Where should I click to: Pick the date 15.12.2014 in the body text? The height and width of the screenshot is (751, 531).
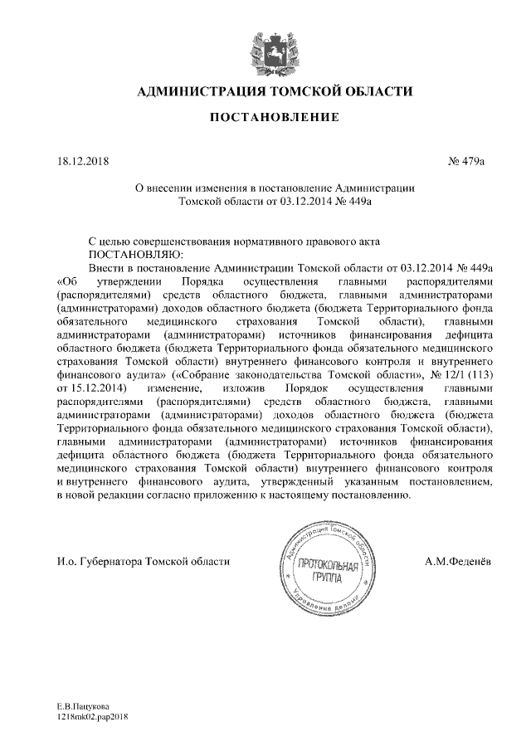(101, 388)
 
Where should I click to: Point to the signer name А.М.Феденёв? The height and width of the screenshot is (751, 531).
(457, 562)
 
